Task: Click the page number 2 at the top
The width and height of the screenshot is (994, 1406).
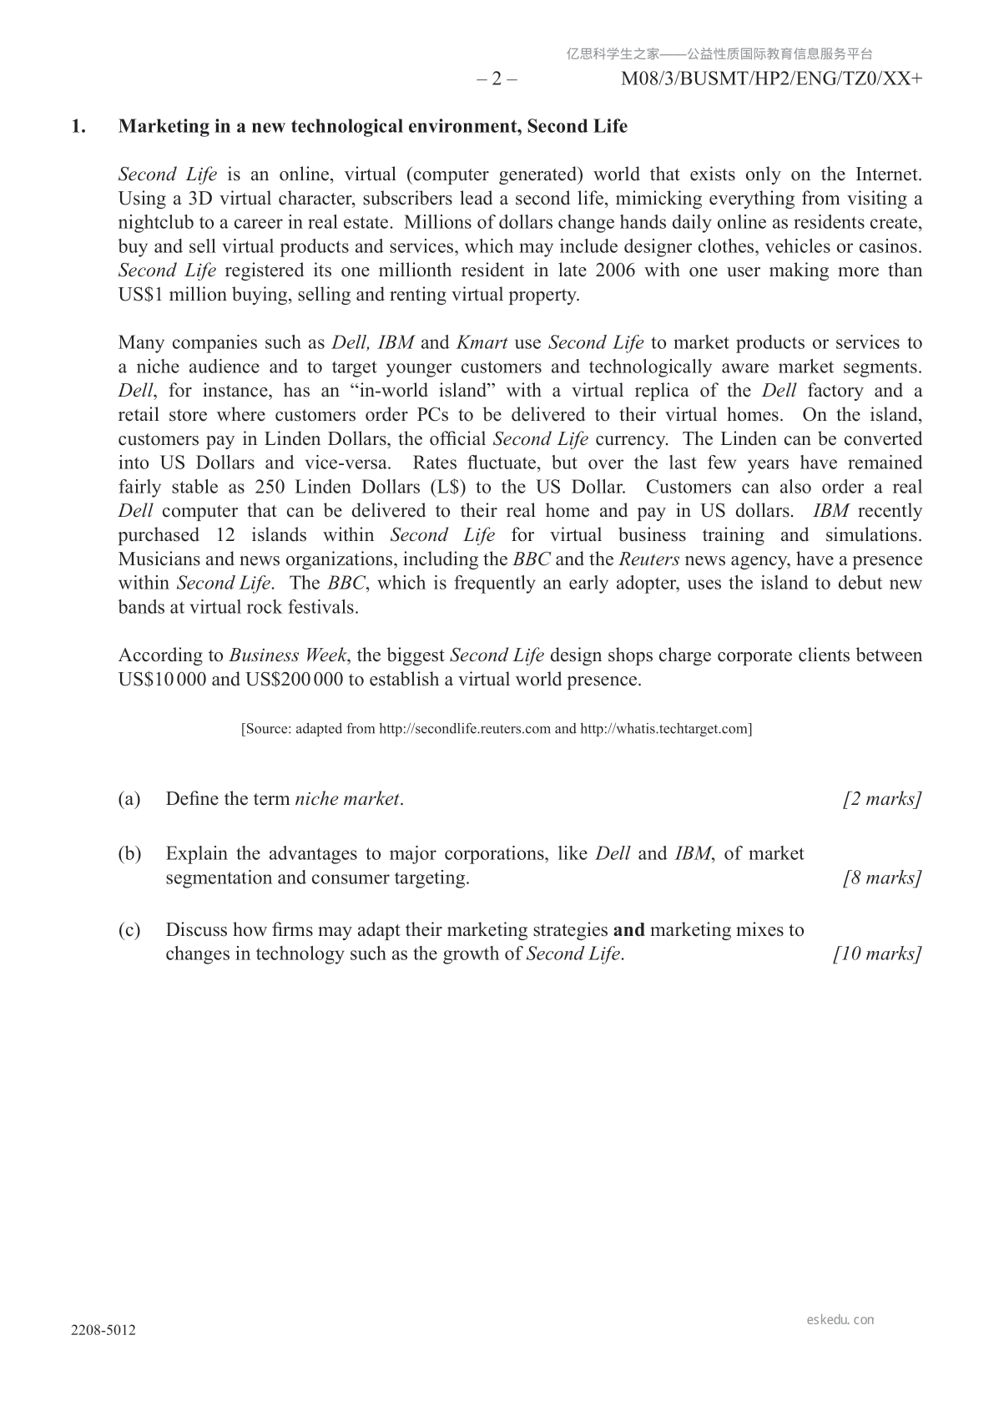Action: (x=497, y=79)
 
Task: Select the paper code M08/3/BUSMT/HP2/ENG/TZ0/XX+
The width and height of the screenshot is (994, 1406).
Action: (x=772, y=79)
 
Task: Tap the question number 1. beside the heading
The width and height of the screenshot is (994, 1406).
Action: (x=78, y=126)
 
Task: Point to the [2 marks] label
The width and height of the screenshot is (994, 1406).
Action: (x=882, y=799)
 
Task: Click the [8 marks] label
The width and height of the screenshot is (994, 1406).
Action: (x=882, y=877)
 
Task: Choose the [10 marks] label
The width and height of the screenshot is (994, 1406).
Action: (x=877, y=953)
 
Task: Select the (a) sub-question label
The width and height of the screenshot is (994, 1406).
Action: (x=129, y=799)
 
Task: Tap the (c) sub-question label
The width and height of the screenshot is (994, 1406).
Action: (x=129, y=930)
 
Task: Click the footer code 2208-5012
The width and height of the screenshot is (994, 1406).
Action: (x=103, y=1330)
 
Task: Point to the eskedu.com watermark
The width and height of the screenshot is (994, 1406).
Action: (x=840, y=1320)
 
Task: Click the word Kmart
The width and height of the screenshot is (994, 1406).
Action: (x=482, y=342)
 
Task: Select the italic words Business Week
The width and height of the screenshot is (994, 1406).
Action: (x=288, y=655)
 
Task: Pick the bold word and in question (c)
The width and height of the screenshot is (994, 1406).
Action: (x=628, y=930)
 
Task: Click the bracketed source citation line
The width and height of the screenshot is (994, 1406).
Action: (x=497, y=729)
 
